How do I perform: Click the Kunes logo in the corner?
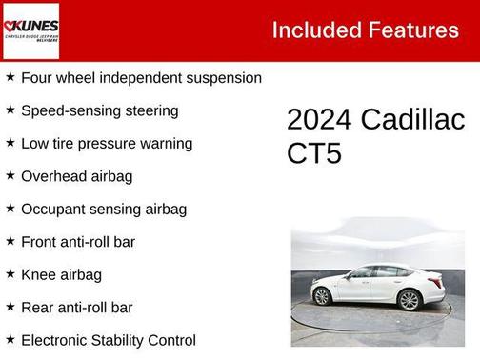(x=30, y=30)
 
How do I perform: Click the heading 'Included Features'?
(x=365, y=30)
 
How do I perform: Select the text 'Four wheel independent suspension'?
(x=141, y=78)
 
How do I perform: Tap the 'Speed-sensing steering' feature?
(x=99, y=110)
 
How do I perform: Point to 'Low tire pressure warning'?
(x=107, y=144)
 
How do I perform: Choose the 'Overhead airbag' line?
(x=76, y=176)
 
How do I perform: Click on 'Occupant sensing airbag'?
(x=103, y=209)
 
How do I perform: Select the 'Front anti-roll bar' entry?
(x=77, y=242)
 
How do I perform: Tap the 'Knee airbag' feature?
(x=61, y=274)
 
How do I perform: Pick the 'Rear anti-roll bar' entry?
(x=76, y=308)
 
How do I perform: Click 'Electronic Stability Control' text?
(x=108, y=340)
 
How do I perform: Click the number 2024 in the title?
(x=318, y=121)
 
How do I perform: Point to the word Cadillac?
(x=411, y=121)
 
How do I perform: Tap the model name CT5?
(x=313, y=153)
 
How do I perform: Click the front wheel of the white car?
(x=409, y=300)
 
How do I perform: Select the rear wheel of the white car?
(x=323, y=296)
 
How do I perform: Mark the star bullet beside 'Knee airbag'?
(x=10, y=274)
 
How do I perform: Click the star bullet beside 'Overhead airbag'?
(x=10, y=176)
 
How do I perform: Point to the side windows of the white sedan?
(x=372, y=272)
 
